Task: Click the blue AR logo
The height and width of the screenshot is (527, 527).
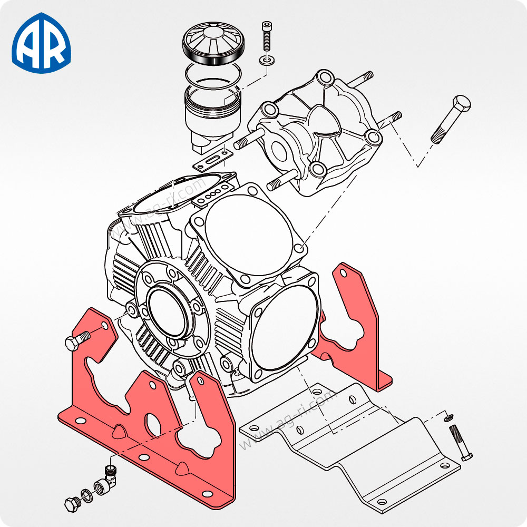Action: (41, 43)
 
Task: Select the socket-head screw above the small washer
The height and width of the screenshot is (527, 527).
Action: (267, 36)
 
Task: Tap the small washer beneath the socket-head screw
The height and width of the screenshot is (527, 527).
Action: (267, 61)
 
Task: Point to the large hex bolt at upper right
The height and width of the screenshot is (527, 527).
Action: (451, 119)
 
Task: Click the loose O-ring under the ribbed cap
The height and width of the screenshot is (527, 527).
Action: (213, 76)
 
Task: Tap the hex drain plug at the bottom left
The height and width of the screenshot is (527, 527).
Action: (72, 504)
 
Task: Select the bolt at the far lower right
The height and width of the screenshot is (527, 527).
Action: (460, 443)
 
